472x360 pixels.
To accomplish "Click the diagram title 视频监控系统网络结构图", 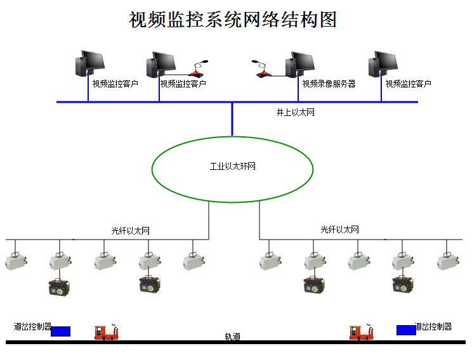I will pyautogui.click(x=232, y=20).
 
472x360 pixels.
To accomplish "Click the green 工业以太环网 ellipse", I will pyautogui.click(x=232, y=167).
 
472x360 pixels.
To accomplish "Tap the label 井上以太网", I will pyautogui.click(x=295, y=112).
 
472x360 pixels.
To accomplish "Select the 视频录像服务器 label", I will pyautogui.click(x=329, y=84).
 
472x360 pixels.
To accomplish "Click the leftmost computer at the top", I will pyautogui.click(x=91, y=63).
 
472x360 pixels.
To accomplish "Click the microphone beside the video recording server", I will pyautogui.click(x=261, y=70).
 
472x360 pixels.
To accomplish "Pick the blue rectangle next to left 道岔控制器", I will pyautogui.click(x=61, y=331).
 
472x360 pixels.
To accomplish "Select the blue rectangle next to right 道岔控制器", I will pyautogui.click(x=406, y=330).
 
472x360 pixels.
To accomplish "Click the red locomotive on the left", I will pyautogui.click(x=107, y=331).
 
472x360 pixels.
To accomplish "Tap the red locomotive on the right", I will pyautogui.click(x=362, y=331).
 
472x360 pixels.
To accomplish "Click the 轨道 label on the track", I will pyautogui.click(x=232, y=337).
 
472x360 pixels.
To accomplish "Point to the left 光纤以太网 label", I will pyautogui.click(x=130, y=231).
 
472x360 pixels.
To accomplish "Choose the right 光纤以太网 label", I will pyautogui.click(x=339, y=229).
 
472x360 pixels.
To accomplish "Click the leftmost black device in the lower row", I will pyautogui.click(x=60, y=285).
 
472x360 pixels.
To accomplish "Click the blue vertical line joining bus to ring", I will pyautogui.click(x=232, y=119).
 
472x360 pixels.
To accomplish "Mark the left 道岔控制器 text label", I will pyautogui.click(x=32, y=327).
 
